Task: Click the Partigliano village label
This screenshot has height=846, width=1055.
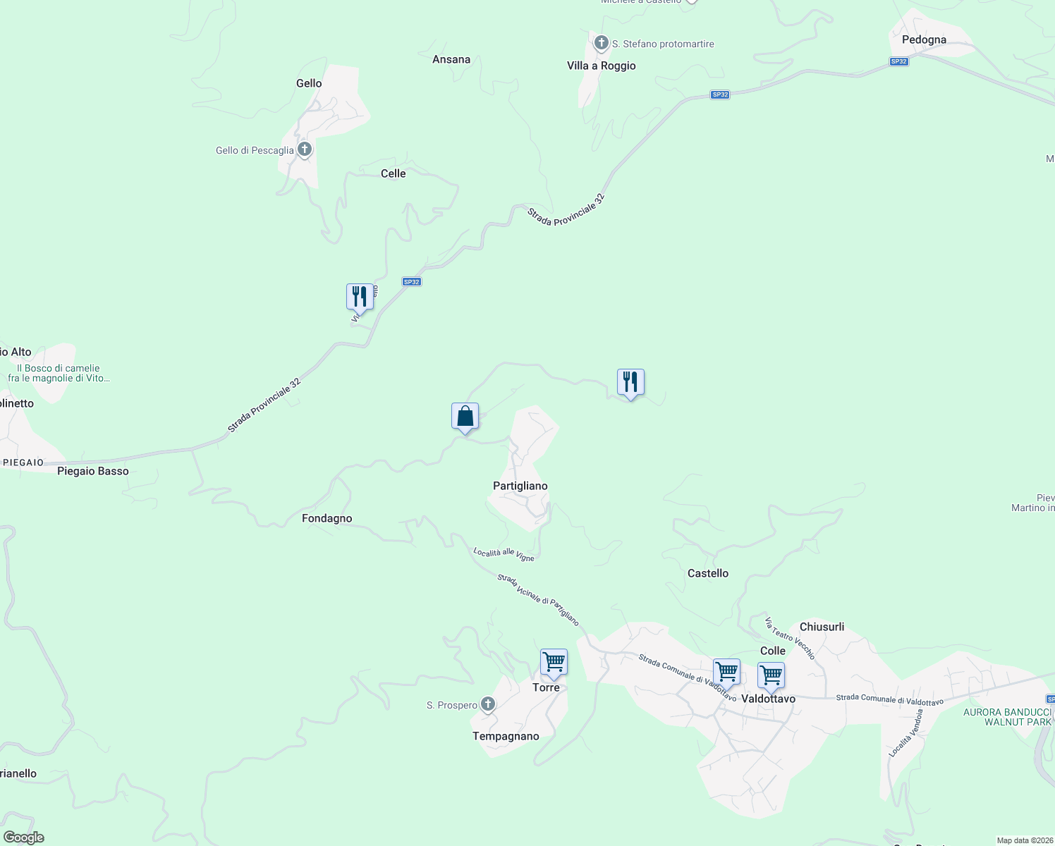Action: (x=520, y=486)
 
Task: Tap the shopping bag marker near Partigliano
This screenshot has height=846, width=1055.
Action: (x=465, y=417)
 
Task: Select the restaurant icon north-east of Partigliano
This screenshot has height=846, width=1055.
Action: (x=630, y=382)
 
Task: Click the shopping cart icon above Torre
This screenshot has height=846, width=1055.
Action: (x=554, y=663)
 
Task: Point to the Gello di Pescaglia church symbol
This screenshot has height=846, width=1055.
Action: (x=305, y=149)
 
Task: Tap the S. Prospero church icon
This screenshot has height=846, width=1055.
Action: (x=487, y=704)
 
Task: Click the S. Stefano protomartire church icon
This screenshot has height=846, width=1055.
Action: (x=601, y=44)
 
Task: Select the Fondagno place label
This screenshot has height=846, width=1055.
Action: (x=327, y=518)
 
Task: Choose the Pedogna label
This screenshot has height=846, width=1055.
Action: (x=924, y=39)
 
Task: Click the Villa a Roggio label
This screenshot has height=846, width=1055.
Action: (x=601, y=66)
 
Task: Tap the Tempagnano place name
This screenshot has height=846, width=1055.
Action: (x=506, y=736)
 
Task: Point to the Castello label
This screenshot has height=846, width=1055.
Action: (x=708, y=573)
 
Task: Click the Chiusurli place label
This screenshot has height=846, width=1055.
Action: (x=822, y=627)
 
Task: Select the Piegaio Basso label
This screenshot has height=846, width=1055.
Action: (x=93, y=471)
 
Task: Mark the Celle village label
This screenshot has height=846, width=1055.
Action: (x=393, y=173)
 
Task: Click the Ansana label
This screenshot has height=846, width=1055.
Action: (x=451, y=59)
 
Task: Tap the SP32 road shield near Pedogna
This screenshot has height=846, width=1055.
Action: (x=898, y=61)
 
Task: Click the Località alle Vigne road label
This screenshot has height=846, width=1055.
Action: (x=504, y=554)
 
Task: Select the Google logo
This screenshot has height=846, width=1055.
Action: (x=24, y=838)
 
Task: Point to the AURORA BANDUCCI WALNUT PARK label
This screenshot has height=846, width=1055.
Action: (x=1008, y=717)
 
